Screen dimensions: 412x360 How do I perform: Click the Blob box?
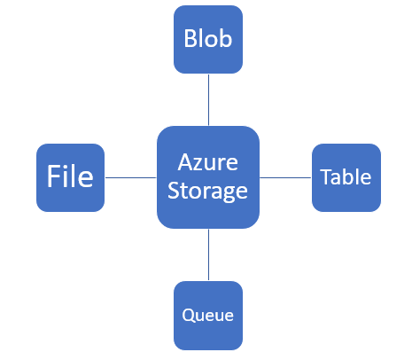click(x=208, y=39)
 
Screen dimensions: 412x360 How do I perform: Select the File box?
click(x=70, y=177)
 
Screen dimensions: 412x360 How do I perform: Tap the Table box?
click(x=346, y=177)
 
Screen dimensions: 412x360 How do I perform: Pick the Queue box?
click(x=208, y=316)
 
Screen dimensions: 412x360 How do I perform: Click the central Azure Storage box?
click(x=208, y=177)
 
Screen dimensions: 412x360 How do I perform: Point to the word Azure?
click(x=208, y=162)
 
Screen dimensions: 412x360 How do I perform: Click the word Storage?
click(x=207, y=191)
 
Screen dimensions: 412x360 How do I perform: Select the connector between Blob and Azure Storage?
click(x=208, y=100)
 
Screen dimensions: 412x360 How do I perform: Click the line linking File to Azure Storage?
click(x=130, y=177)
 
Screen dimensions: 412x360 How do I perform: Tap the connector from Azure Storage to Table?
click(x=285, y=177)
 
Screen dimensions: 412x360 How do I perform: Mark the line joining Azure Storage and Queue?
click(x=208, y=254)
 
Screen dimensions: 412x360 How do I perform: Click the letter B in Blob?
click(x=190, y=38)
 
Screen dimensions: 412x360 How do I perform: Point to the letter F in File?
click(x=52, y=176)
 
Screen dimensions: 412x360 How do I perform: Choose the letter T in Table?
click(x=326, y=177)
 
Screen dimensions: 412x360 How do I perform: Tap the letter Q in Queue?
click(x=188, y=316)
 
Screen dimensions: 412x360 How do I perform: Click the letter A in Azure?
click(x=184, y=162)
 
